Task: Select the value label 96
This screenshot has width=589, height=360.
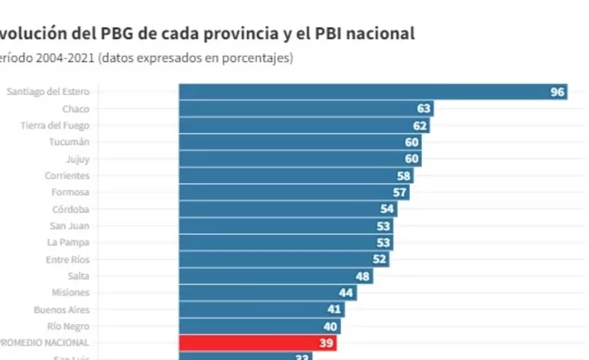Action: pos(558,92)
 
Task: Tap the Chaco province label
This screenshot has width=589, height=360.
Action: pos(75,109)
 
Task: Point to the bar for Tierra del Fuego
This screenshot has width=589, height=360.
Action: pos(303,125)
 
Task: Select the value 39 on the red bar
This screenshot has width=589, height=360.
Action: pos(326,343)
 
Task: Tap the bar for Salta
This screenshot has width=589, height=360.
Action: pos(270,276)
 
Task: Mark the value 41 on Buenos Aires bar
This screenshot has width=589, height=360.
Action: pos(334,309)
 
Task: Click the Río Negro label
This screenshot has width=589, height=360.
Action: pos(70,326)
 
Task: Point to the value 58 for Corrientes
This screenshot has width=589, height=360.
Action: pos(403,175)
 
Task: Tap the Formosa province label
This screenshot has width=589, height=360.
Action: pos(70,192)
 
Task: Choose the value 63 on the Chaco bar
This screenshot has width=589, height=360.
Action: pos(424,109)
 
